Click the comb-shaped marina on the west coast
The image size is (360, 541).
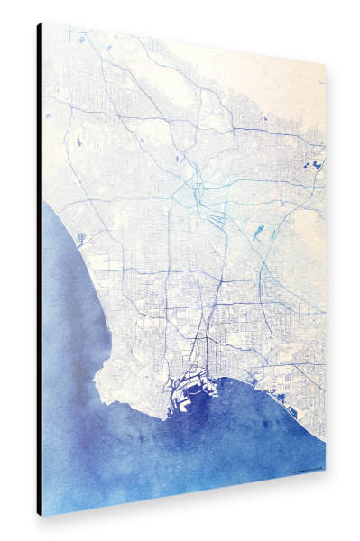[x=82, y=238]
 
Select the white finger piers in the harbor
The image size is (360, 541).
[x=185, y=390]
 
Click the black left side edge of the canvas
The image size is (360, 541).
[x=39, y=270]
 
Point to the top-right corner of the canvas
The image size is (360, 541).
[x=325, y=67]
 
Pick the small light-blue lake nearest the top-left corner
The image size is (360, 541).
[x=80, y=41]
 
